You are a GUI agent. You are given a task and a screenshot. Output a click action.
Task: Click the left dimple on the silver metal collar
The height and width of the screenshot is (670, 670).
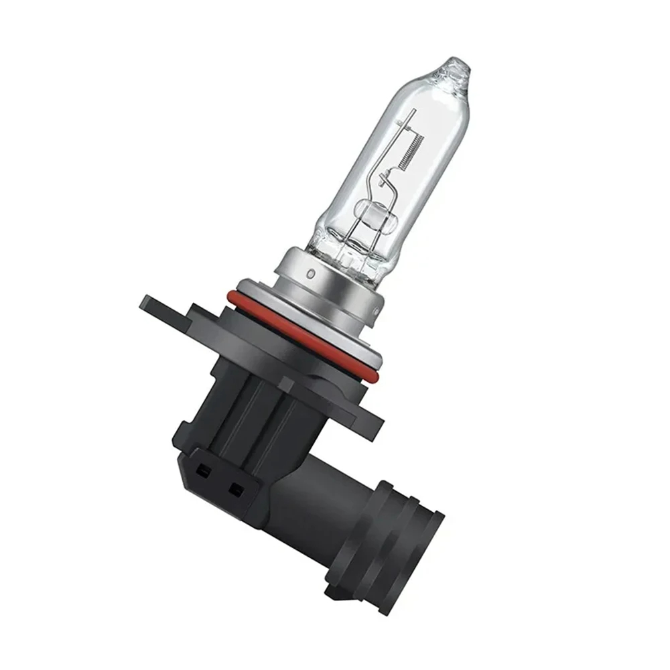310,275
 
